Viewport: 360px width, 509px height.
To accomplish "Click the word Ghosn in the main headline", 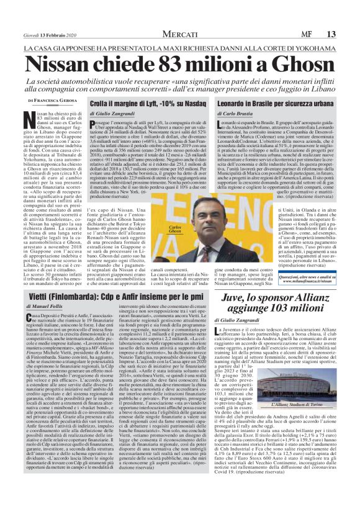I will pyautogui.click(x=290, y=63).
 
